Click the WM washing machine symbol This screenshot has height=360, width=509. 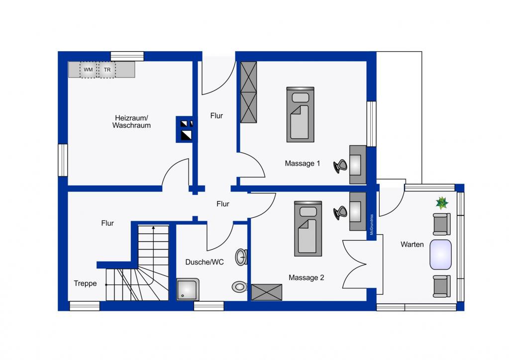88,70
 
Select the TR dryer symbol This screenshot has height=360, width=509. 107,70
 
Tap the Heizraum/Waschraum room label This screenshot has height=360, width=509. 131,122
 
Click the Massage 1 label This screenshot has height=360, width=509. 302,164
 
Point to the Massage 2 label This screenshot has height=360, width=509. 306,277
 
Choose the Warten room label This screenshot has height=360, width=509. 412,245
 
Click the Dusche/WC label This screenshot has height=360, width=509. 204,262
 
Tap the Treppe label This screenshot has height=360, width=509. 85,283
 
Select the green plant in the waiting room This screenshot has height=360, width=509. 442,203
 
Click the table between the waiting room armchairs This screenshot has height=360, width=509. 440,255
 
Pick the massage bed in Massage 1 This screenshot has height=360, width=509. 300,114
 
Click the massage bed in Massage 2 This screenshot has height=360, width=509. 307,229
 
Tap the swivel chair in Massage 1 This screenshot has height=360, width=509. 340,166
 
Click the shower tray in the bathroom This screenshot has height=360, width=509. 188,289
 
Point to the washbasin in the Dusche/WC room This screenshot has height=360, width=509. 241,257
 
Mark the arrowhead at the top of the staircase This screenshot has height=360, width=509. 153,227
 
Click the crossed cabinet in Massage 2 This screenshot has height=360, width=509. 267,292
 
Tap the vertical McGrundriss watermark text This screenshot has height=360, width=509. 372,224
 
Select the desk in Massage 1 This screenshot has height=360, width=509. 358,165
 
